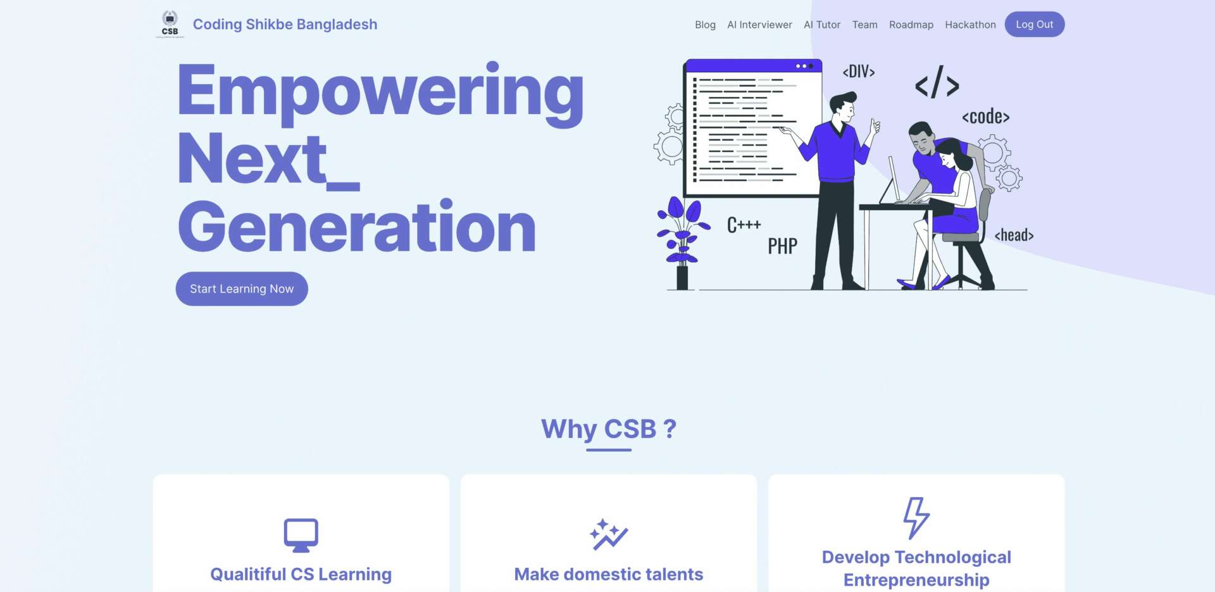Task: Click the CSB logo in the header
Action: pyautogui.click(x=170, y=25)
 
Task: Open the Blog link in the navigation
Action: pyautogui.click(x=705, y=25)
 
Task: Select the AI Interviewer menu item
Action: pyautogui.click(x=759, y=25)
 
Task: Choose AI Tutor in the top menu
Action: pyautogui.click(x=822, y=25)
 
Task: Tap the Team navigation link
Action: pyautogui.click(x=864, y=25)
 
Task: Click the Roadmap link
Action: pyautogui.click(x=911, y=25)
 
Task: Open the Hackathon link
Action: pyautogui.click(x=970, y=25)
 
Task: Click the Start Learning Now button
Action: pyautogui.click(x=242, y=289)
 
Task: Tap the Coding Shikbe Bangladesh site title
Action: pyautogui.click(x=285, y=24)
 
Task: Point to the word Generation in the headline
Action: pyautogui.click(x=357, y=227)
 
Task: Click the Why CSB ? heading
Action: pyautogui.click(x=609, y=429)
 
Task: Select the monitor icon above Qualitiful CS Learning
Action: pyautogui.click(x=301, y=535)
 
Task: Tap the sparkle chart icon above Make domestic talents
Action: pyautogui.click(x=609, y=534)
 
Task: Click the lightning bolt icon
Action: pyautogui.click(x=916, y=518)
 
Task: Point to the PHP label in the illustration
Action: pyautogui.click(x=783, y=246)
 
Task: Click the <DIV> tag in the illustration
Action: pyautogui.click(x=859, y=72)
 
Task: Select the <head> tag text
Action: pyautogui.click(x=1014, y=235)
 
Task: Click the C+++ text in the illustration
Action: pyautogui.click(x=744, y=225)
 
